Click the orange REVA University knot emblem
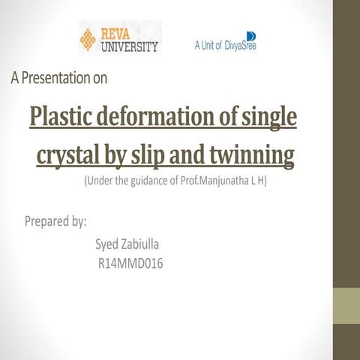tap(88, 40)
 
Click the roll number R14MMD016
tap(130, 264)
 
